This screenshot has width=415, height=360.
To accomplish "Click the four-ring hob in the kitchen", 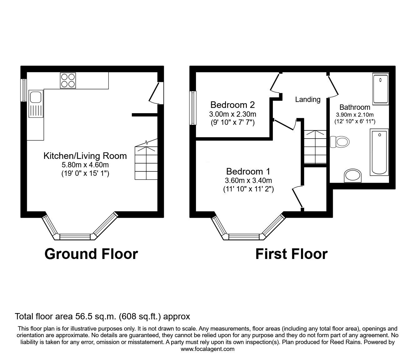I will click(68, 80).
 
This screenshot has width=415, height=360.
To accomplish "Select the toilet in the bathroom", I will click(339, 142).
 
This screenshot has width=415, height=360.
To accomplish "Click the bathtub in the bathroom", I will click(379, 152).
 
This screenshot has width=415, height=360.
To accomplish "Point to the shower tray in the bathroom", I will click(380, 89).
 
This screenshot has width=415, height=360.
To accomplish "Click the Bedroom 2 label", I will click(232, 104).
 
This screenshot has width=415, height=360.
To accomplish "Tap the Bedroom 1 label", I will click(248, 171).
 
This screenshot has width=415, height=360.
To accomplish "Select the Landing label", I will click(308, 99).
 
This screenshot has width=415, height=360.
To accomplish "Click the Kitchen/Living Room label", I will click(85, 156).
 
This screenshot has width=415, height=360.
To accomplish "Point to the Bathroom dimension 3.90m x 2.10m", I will click(355, 115).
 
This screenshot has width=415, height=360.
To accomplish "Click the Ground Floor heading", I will click(91, 254).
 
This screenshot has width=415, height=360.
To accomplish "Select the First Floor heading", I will click(291, 254).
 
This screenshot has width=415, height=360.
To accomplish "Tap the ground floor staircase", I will click(146, 163).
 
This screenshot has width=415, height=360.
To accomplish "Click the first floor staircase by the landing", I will click(315, 147).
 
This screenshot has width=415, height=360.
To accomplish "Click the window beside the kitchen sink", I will click(23, 90).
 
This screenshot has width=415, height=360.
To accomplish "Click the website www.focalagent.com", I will click(207, 349).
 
